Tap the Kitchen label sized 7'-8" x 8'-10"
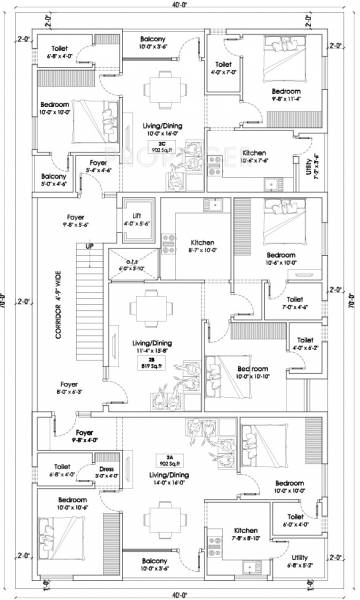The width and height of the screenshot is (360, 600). pyautogui.click(x=248, y=530)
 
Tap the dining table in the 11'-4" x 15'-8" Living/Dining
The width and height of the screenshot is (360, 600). pyautogui.click(x=150, y=308)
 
